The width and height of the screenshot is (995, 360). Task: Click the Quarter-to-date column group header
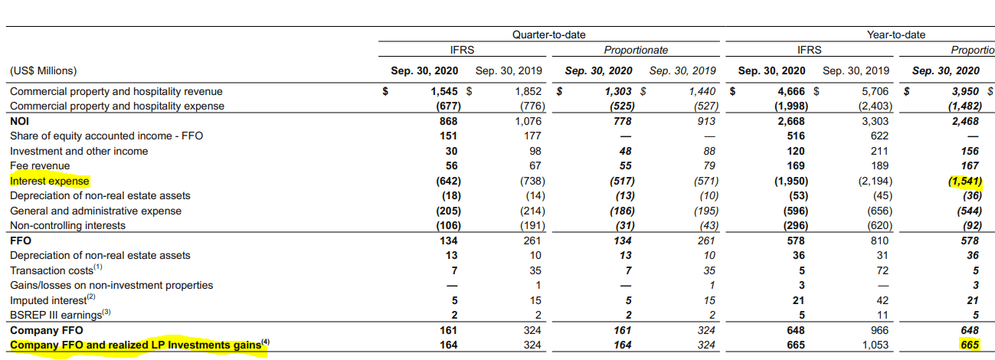pos(548,34)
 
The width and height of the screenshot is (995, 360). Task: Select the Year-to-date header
pos(896,34)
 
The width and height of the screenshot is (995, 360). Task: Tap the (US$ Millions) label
pos(43,70)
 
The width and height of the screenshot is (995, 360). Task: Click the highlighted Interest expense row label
pos(49,181)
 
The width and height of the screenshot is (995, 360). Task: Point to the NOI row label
pos(20,121)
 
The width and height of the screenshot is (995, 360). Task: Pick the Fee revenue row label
pos(40,165)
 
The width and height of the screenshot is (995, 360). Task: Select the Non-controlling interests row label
pos(67,225)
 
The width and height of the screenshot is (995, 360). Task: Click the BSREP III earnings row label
pos(60,315)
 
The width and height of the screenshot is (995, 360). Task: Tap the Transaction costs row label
pos(56,270)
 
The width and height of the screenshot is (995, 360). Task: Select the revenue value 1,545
pos(443,91)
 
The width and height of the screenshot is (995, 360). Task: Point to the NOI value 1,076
pos(529,121)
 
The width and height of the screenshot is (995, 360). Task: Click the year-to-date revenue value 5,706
pos(875,91)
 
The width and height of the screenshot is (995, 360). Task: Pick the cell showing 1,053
pos(875,345)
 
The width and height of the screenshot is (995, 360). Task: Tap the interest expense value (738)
pos(532,181)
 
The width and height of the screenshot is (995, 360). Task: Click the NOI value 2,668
pos(791,121)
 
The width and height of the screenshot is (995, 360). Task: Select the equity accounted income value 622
pos(879,136)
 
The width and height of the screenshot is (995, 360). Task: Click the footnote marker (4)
pos(265,342)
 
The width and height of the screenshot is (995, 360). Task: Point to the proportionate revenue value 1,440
pos(702,91)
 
